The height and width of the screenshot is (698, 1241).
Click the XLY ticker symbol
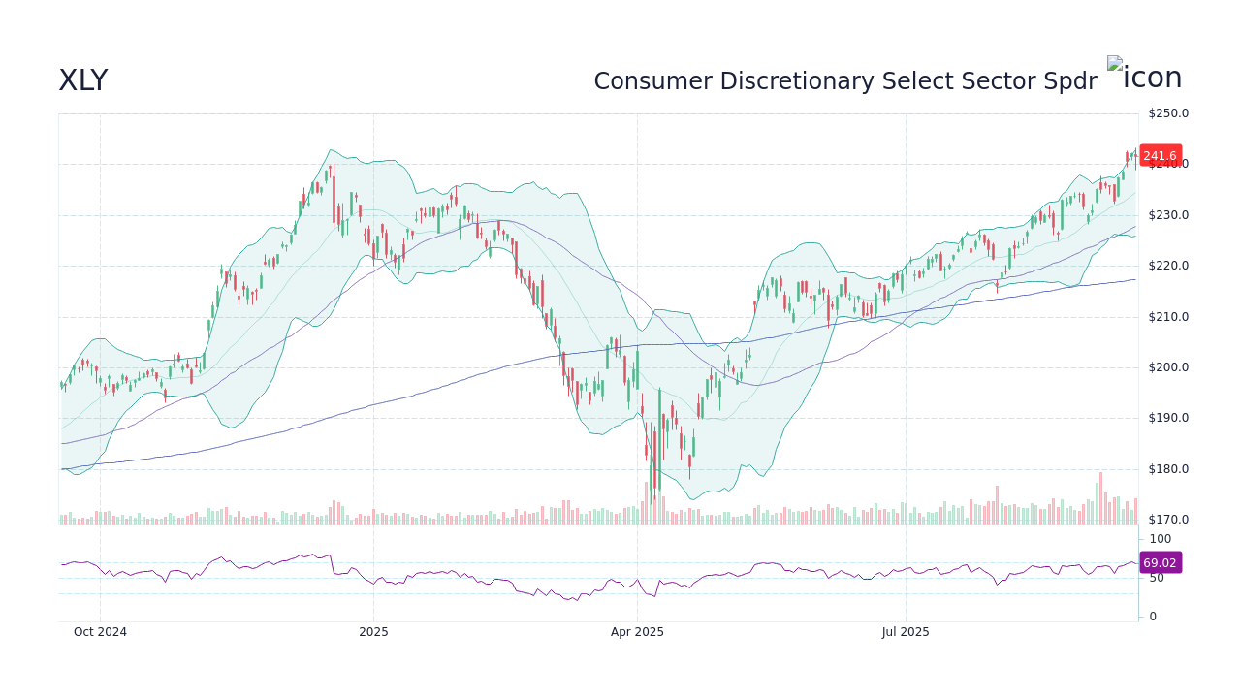(82, 81)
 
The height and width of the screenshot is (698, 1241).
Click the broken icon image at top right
(1144, 76)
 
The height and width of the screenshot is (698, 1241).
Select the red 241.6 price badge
(1160, 155)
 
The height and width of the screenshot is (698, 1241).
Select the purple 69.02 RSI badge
(1160, 562)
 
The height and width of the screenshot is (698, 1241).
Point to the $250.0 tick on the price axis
(1168, 113)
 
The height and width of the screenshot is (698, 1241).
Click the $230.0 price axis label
(1168, 215)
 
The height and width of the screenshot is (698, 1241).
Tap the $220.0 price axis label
(1168, 266)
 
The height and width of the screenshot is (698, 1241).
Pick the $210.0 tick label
(1168, 317)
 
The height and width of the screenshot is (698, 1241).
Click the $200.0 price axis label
(1168, 367)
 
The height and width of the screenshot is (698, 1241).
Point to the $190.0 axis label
(1168, 418)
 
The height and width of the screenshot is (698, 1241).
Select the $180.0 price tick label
(1168, 469)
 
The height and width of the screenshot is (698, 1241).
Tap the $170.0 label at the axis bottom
(1168, 520)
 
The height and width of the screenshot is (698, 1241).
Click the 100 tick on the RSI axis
(1161, 539)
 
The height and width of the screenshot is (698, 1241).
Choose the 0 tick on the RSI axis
(1153, 617)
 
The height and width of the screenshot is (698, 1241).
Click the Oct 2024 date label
(100, 632)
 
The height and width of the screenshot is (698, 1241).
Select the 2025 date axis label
(373, 632)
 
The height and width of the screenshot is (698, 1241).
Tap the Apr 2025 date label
(637, 632)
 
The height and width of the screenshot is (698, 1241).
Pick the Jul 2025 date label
(906, 632)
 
